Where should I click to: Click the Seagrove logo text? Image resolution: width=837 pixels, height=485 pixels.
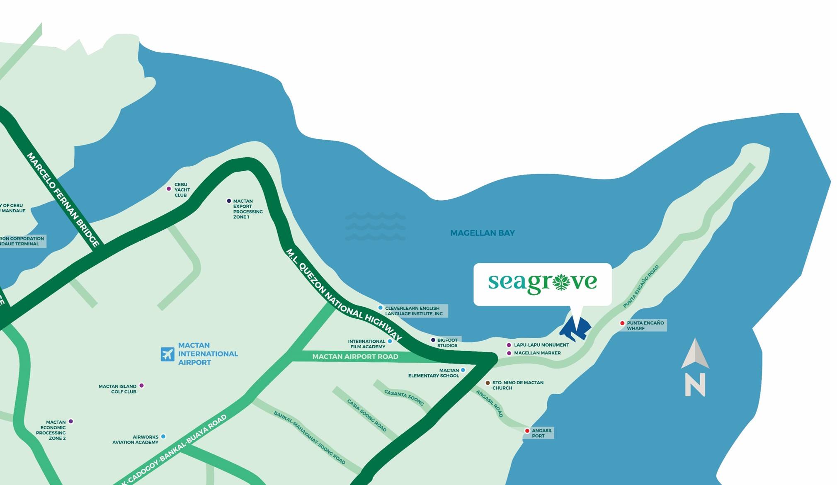click(542, 283)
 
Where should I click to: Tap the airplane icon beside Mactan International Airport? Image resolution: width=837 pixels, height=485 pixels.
click(167, 354)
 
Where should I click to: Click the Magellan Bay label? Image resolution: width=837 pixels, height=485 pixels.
click(483, 233)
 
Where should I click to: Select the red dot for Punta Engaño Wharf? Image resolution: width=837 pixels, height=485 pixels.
click(622, 323)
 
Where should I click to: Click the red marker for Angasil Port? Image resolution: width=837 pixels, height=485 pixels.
click(527, 431)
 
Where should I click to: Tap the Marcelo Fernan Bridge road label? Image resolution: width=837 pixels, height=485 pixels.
click(63, 199)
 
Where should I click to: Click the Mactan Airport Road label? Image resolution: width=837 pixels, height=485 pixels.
click(355, 356)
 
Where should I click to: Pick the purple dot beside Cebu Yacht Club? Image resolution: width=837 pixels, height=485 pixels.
click(169, 189)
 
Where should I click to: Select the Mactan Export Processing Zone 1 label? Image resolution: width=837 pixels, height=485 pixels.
click(247, 209)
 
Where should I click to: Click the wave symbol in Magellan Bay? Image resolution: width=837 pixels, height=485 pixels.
click(375, 226)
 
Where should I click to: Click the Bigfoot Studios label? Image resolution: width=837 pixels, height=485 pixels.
click(447, 343)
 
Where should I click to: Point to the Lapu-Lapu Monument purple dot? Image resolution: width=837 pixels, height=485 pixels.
click(509, 345)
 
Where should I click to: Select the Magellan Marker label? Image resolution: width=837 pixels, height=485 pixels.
click(537, 353)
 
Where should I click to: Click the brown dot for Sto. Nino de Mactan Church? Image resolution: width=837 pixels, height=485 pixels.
click(488, 383)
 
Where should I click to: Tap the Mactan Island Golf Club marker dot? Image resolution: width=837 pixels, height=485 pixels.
click(141, 386)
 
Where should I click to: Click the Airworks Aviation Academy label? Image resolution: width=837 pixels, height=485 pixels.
click(135, 439)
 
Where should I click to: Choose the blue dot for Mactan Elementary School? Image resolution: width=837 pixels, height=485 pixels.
click(463, 370)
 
